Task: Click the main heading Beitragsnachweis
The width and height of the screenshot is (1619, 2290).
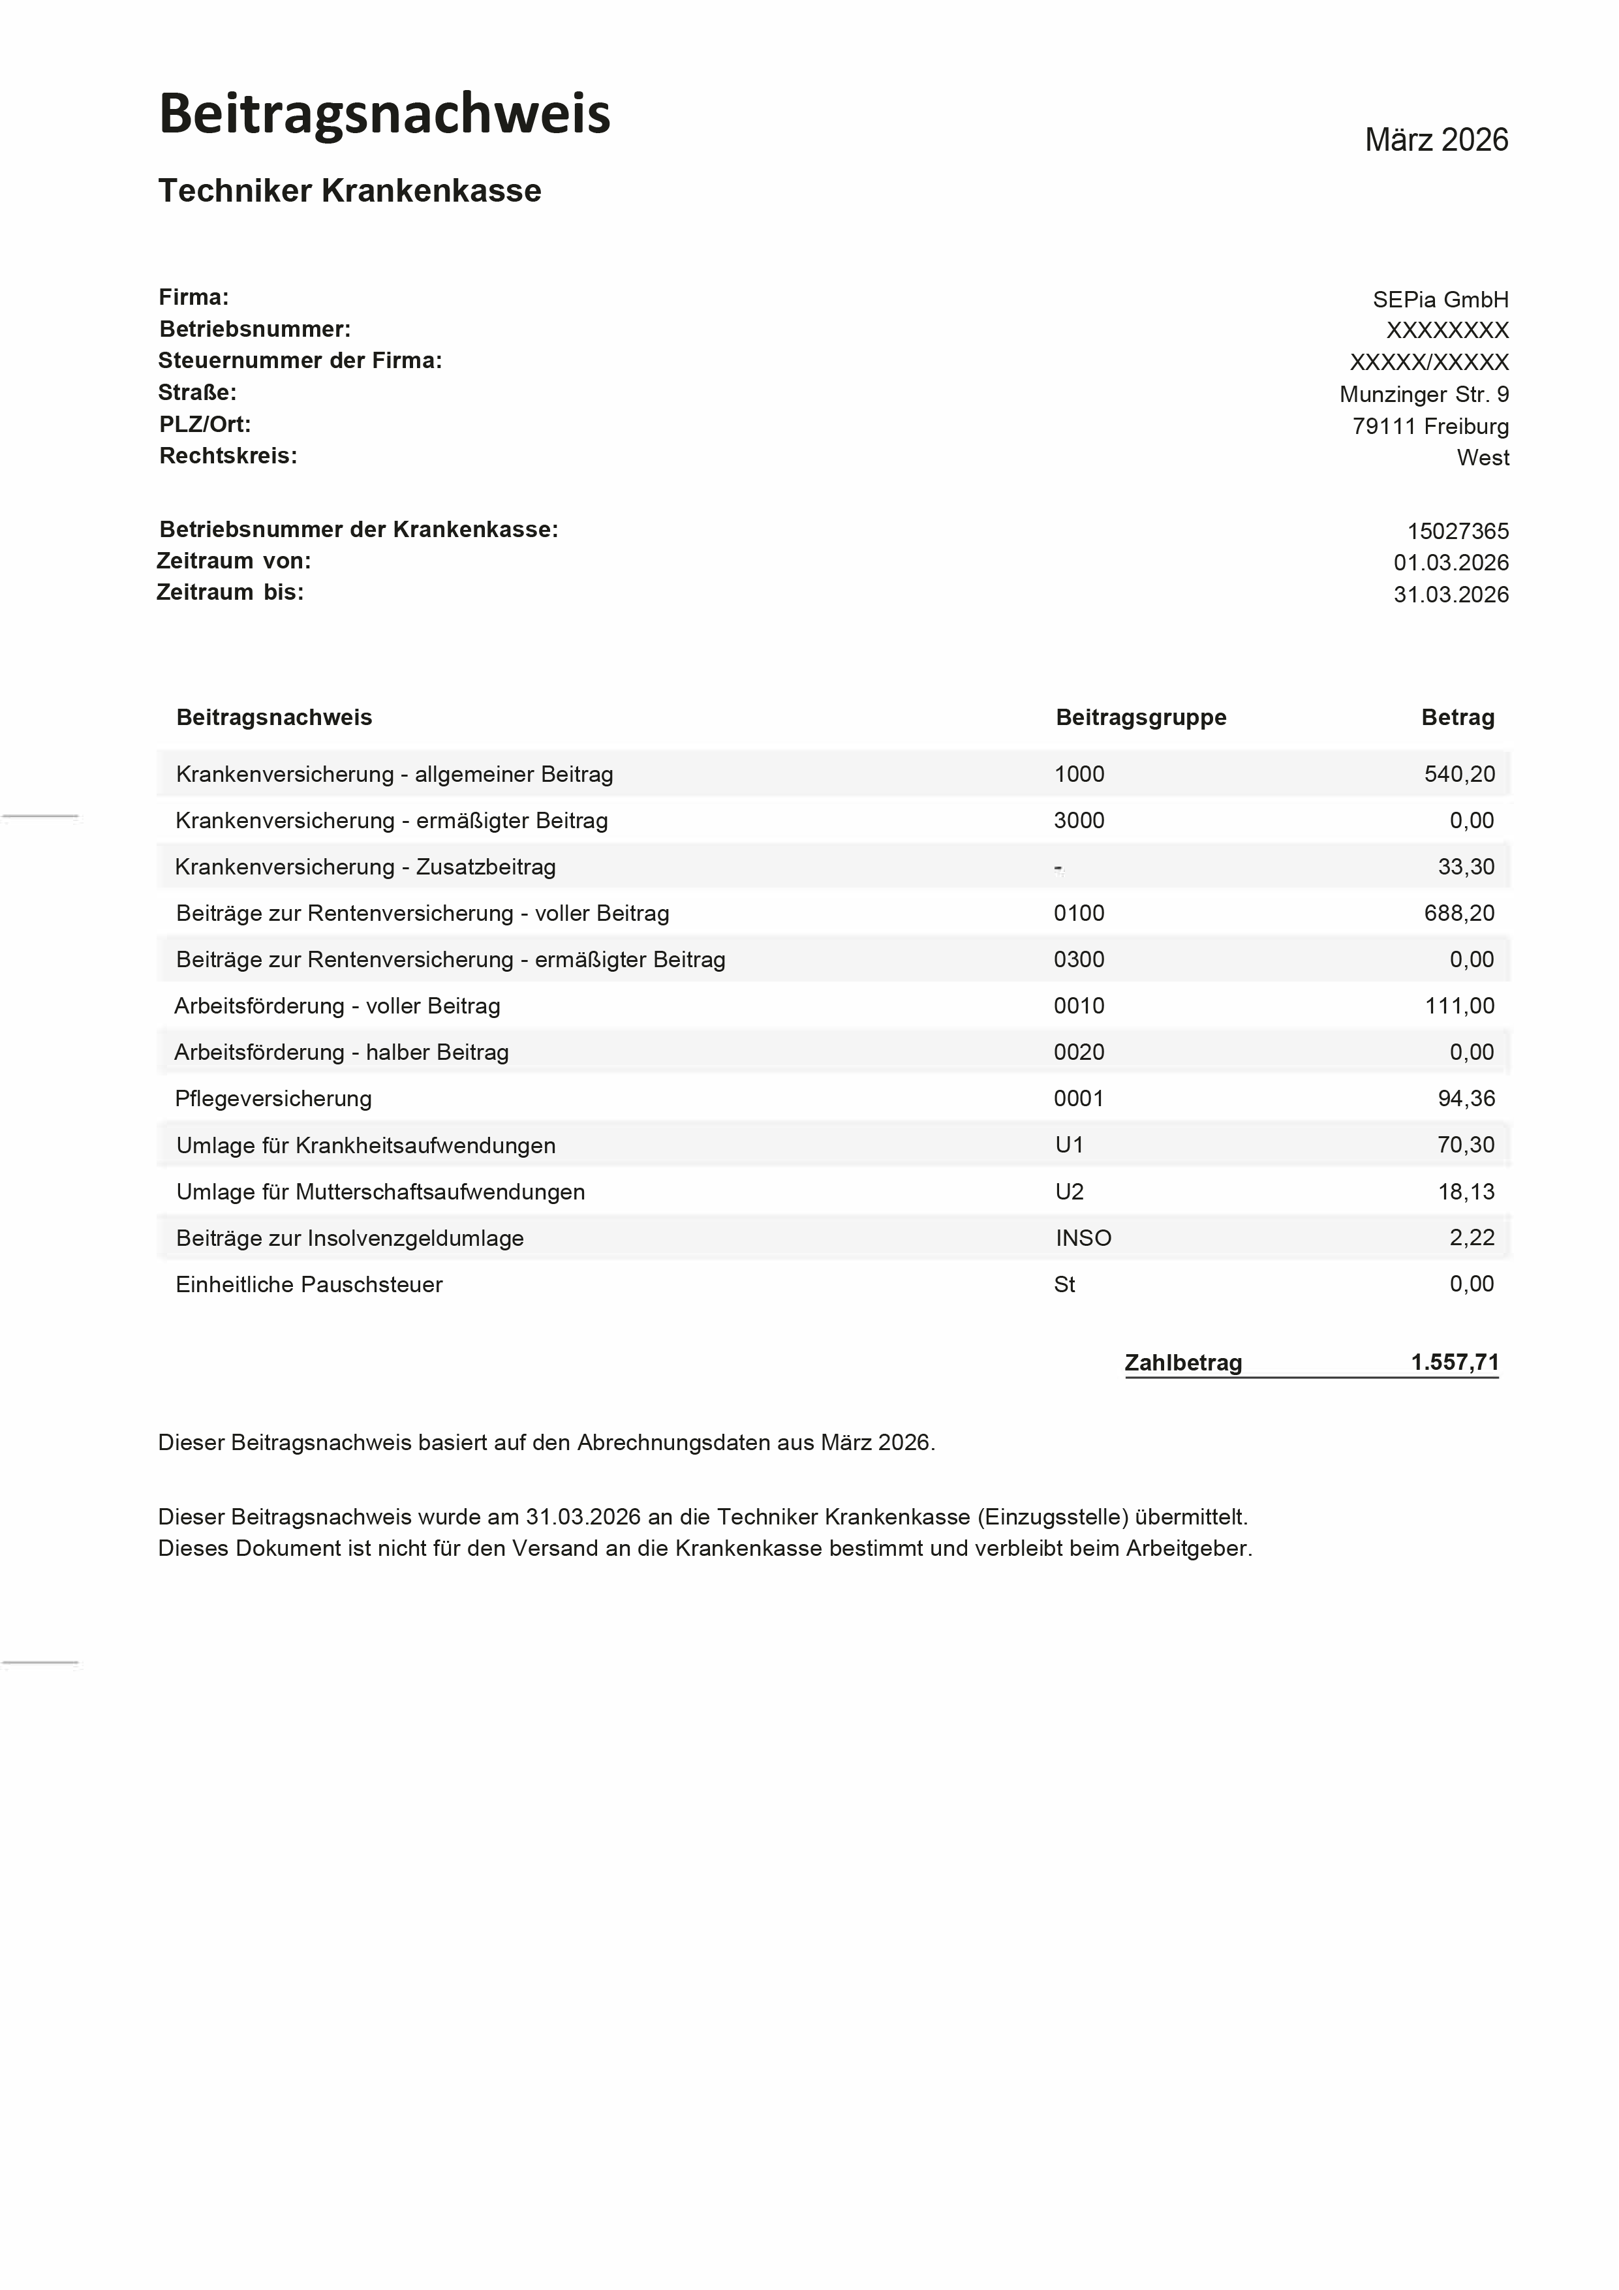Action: click(x=384, y=114)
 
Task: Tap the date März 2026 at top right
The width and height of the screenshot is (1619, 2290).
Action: click(x=1436, y=140)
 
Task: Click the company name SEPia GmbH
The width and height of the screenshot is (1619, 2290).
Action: click(x=1440, y=299)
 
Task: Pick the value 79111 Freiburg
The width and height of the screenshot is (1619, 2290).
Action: click(x=1430, y=426)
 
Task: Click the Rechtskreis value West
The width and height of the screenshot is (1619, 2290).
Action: click(x=1483, y=457)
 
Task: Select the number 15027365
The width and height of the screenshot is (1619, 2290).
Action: click(x=1457, y=531)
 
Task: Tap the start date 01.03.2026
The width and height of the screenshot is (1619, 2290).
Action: click(x=1451, y=563)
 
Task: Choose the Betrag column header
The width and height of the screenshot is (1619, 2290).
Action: click(x=1457, y=717)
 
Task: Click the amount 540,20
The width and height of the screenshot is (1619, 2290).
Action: click(x=1458, y=774)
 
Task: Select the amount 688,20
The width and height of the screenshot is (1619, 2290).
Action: click(x=1458, y=912)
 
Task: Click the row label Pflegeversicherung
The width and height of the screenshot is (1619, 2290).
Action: click(x=273, y=1098)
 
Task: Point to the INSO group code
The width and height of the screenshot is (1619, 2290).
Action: click(x=1083, y=1238)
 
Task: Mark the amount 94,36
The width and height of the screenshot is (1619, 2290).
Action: click(x=1466, y=1098)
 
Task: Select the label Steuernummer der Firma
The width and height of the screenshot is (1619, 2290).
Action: click(x=300, y=360)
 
